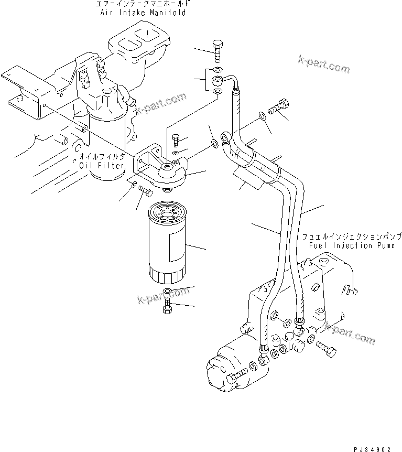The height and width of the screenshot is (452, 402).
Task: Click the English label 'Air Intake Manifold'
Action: click(143, 12)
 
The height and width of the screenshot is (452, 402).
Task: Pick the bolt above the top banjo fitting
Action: click(218, 50)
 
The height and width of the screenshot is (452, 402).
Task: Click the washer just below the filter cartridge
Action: click(167, 293)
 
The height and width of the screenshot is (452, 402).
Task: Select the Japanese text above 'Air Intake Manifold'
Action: click(143, 4)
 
